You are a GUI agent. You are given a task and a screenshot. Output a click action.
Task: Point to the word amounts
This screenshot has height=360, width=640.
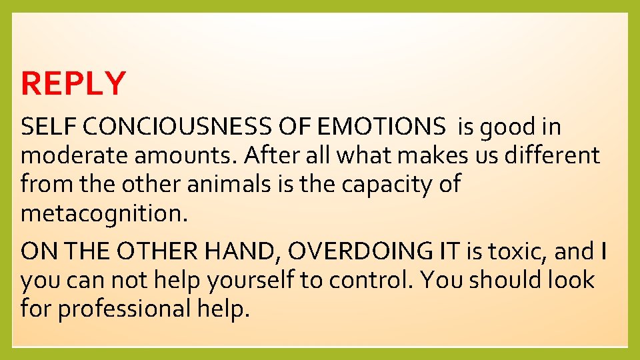click(183, 155)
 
